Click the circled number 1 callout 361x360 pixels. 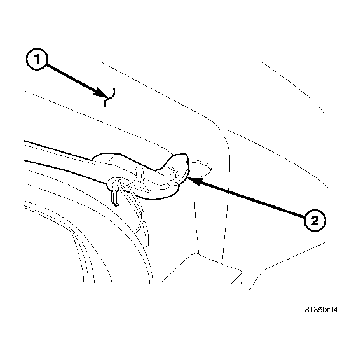[37, 61]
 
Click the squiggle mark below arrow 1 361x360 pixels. [109, 97]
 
